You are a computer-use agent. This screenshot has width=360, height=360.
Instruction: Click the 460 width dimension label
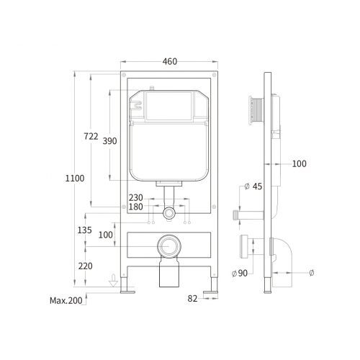(170, 62)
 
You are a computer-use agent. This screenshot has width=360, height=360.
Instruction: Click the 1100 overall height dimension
(75, 179)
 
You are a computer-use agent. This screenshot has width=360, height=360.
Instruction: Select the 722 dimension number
(91, 136)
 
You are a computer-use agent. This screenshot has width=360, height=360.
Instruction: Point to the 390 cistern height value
(109, 141)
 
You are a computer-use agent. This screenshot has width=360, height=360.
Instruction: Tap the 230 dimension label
(136, 198)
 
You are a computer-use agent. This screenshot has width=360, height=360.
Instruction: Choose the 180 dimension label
(136, 207)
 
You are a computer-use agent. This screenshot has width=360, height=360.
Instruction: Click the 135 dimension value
(84, 230)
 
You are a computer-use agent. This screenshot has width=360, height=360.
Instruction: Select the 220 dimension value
(85, 266)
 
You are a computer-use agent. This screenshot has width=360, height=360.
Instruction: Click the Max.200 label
(66, 300)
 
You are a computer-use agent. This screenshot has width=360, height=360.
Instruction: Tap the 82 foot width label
(192, 299)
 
